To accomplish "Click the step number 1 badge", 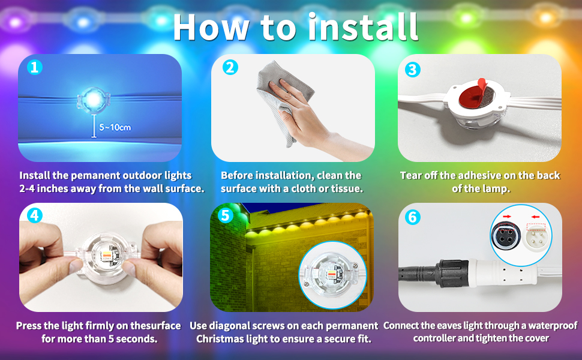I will point(35,68).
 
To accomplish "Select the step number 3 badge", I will point(412,70).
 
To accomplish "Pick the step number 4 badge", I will point(35,215).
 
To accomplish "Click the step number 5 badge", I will point(225,215).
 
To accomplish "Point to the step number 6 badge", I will point(412,217).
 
